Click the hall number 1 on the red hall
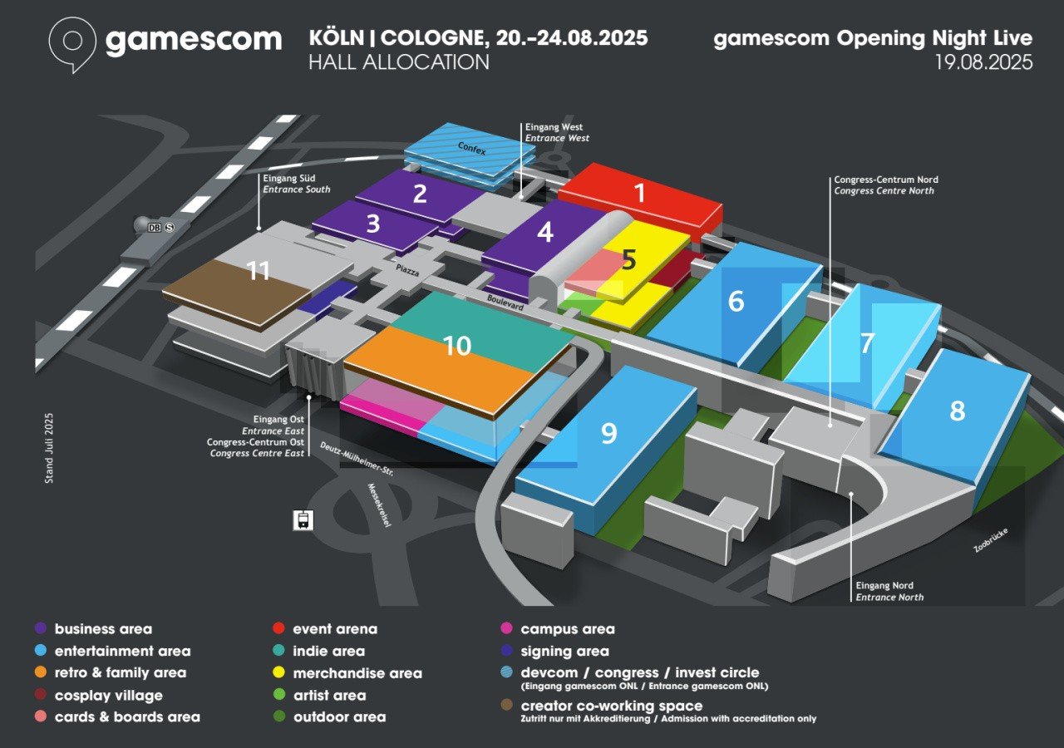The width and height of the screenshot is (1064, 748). click(x=640, y=192)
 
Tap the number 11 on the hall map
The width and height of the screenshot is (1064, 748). click(x=259, y=271)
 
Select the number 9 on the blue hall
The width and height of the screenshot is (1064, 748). click(x=609, y=433)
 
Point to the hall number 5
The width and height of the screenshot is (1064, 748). click(x=628, y=260)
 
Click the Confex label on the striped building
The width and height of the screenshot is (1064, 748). click(x=471, y=148)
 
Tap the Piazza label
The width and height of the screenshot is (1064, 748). click(x=407, y=270)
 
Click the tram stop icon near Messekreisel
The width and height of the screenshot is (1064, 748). click(x=303, y=520)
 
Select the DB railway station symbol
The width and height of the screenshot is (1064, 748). click(x=155, y=228)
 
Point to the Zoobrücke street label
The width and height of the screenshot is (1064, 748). click(x=991, y=540)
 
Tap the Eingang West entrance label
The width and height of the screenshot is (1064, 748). click(x=554, y=127)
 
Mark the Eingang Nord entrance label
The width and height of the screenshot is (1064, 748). click(x=884, y=586)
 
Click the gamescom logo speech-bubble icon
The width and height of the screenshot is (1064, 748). click(x=72, y=44)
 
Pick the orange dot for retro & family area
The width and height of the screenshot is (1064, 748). click(x=41, y=672)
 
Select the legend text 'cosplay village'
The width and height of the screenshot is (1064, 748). click(x=109, y=696)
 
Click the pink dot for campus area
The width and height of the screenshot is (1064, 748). click(x=506, y=629)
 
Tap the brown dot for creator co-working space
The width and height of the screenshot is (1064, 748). click(x=506, y=706)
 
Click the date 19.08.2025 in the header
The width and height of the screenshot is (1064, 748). click(x=983, y=62)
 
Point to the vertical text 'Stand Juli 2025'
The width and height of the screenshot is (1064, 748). click(x=49, y=448)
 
